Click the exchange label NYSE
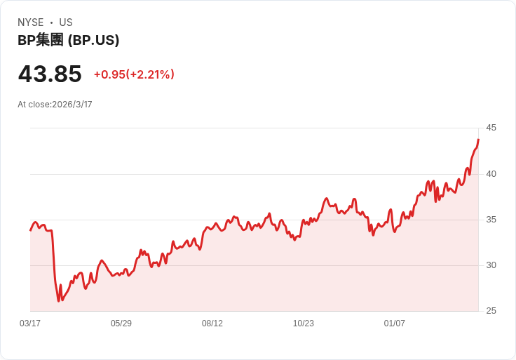(31, 22)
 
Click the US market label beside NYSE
(66, 22)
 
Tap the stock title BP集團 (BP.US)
(68, 40)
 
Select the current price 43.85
(50, 74)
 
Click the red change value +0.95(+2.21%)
(134, 74)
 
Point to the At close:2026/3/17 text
(55, 105)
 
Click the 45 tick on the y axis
(491, 128)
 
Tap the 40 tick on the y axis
(491, 173)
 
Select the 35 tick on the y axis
(491, 220)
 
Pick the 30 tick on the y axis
(491, 265)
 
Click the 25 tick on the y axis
(491, 311)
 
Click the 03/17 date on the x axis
(30, 324)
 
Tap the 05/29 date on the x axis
(121, 324)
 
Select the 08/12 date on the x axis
(212, 324)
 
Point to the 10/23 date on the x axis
(304, 324)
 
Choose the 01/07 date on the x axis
(395, 324)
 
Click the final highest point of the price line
(478, 140)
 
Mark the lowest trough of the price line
(59, 301)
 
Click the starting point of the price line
(30, 230)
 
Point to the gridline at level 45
(252, 128)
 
